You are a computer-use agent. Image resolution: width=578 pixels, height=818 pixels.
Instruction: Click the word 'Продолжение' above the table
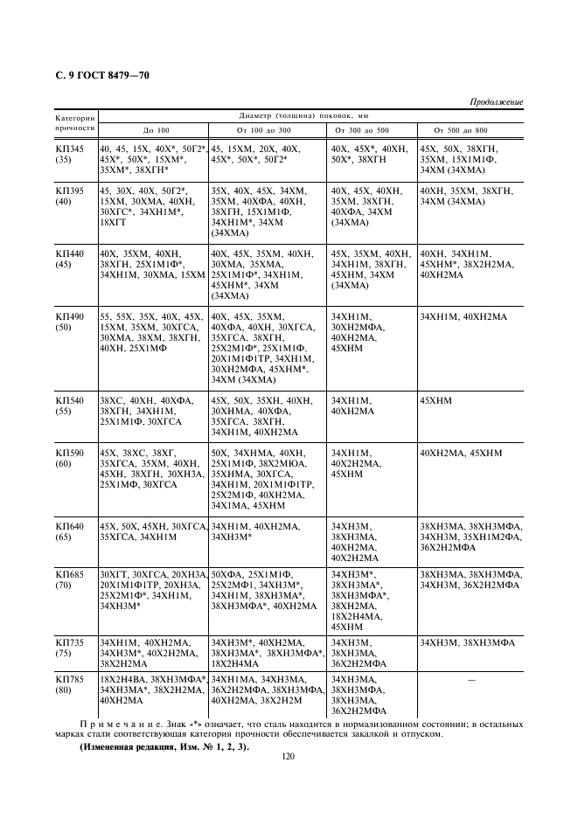497,102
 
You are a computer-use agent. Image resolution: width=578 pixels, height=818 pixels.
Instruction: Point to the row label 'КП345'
70,149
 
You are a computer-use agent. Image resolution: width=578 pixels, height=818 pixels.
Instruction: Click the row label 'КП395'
70,190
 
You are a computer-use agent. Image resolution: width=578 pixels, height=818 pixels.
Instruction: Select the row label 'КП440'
70,253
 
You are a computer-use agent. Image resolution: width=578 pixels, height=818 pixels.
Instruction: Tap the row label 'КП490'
70,315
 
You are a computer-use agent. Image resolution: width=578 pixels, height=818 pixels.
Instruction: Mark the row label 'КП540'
70,399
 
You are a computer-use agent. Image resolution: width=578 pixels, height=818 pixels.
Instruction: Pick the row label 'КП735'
70,642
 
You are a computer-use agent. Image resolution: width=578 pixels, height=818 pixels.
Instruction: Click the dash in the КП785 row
471,679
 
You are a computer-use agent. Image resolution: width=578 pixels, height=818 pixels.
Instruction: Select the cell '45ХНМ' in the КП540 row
438,399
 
